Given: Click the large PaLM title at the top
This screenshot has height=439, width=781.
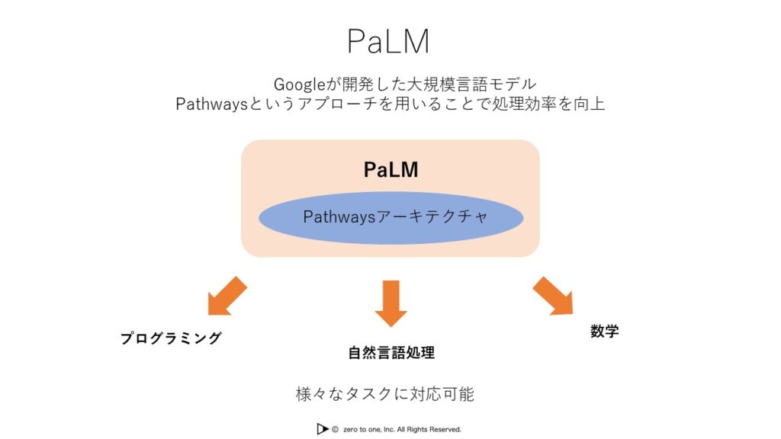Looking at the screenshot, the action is tap(388, 41).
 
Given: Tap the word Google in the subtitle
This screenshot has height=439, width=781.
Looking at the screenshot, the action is tap(299, 84).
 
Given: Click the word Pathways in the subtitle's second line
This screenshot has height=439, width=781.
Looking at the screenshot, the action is tap(212, 104).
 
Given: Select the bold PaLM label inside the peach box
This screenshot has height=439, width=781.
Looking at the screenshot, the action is tap(390, 170).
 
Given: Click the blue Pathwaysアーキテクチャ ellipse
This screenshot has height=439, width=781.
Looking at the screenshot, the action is tap(391, 218).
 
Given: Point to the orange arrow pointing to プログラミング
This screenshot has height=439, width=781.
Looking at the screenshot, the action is tap(227, 296).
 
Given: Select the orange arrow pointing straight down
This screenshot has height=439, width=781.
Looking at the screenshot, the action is tap(391, 303).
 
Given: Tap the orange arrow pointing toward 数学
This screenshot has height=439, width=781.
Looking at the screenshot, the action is tap(554, 296).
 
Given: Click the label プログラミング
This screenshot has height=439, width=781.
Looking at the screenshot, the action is tap(171, 338).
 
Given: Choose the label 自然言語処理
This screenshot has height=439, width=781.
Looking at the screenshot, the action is tap(391, 352).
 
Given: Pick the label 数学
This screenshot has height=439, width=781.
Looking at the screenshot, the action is tap(604, 331).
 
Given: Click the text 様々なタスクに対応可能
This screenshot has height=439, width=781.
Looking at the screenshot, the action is tap(384, 394).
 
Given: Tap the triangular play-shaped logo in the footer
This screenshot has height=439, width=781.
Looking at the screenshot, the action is tap(323, 428).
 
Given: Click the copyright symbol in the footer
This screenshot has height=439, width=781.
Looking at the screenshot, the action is tap(336, 429).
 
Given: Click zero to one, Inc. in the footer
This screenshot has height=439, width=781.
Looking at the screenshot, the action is tap(368, 429).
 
